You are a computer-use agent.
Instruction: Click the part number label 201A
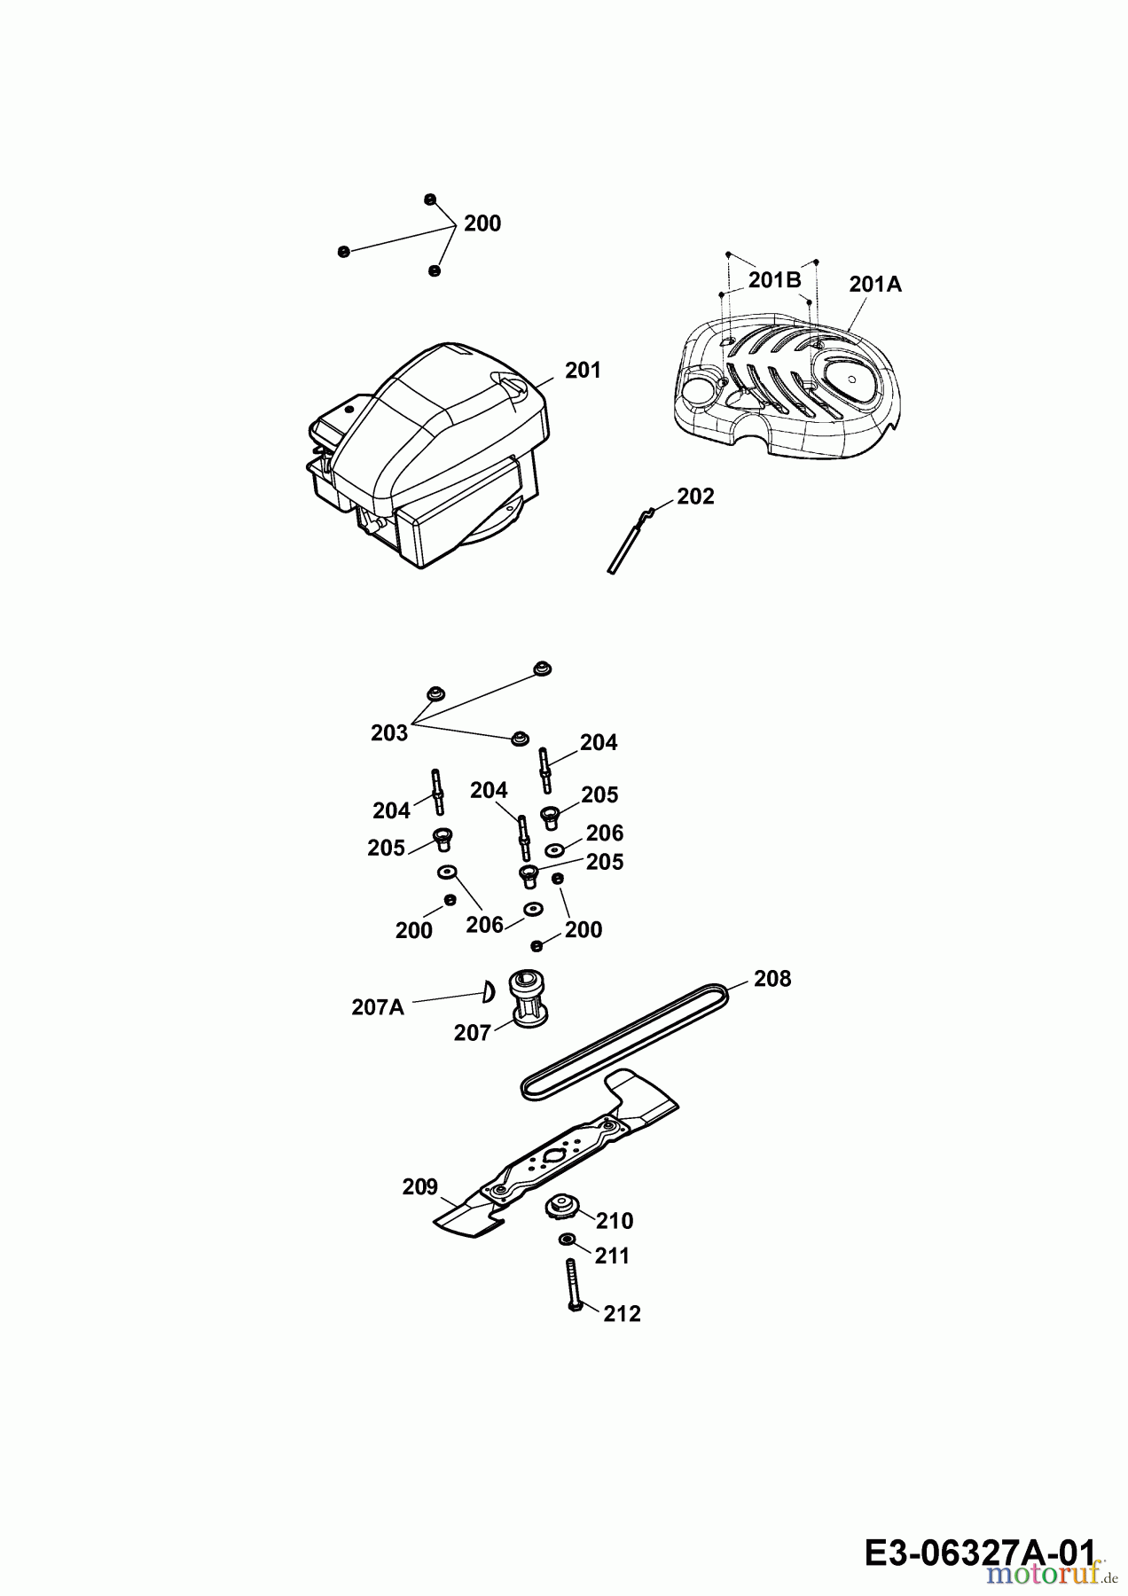click(874, 284)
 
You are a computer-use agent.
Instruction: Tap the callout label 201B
click(774, 280)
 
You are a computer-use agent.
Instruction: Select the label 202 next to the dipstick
click(695, 497)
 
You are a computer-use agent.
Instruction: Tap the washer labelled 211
click(567, 1239)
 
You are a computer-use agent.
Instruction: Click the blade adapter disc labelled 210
click(560, 1207)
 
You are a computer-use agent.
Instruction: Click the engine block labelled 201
click(426, 452)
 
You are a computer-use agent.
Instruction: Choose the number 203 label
click(389, 733)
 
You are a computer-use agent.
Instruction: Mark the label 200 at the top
click(482, 223)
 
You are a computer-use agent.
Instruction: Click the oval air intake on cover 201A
click(850, 379)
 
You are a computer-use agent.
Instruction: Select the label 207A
click(378, 1007)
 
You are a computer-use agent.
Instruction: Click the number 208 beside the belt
click(772, 979)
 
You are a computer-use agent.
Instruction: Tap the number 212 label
click(622, 1314)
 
